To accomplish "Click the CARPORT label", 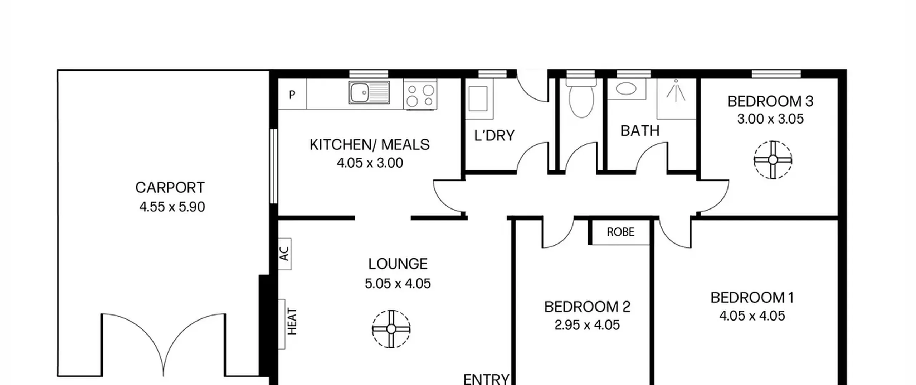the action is pos(170,188).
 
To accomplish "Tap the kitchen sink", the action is pos(369,93).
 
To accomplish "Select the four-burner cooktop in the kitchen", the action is pos(420,94).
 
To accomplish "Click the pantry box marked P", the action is pos(292,94).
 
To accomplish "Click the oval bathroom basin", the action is pos(626,88).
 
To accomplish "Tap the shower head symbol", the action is pos(676,91).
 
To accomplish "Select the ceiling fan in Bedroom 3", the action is pos(773,160).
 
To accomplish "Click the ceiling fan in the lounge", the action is pos(391,329).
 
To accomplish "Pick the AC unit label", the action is pos(284,254).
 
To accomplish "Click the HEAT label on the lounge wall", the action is pos(292,321).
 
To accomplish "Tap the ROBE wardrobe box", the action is pos(621,232).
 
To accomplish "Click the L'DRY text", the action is pos(494,135).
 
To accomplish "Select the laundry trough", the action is pos(478,98).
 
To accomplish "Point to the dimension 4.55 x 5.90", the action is pos(172,207).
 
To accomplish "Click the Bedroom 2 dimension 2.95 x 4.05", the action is pos(587,325).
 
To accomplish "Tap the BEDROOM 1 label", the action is pos(752,298).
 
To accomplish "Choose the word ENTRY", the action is pos(486,379).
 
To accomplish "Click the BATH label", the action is pos(640,131).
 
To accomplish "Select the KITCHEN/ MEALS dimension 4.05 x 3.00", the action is pos(370,163).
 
